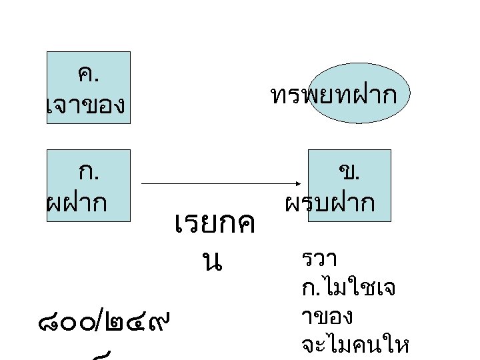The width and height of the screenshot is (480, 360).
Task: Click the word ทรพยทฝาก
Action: tap(334, 95)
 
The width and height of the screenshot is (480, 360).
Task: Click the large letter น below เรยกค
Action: tap(213, 261)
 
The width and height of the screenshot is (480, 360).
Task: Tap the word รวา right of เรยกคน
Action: tap(319, 257)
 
